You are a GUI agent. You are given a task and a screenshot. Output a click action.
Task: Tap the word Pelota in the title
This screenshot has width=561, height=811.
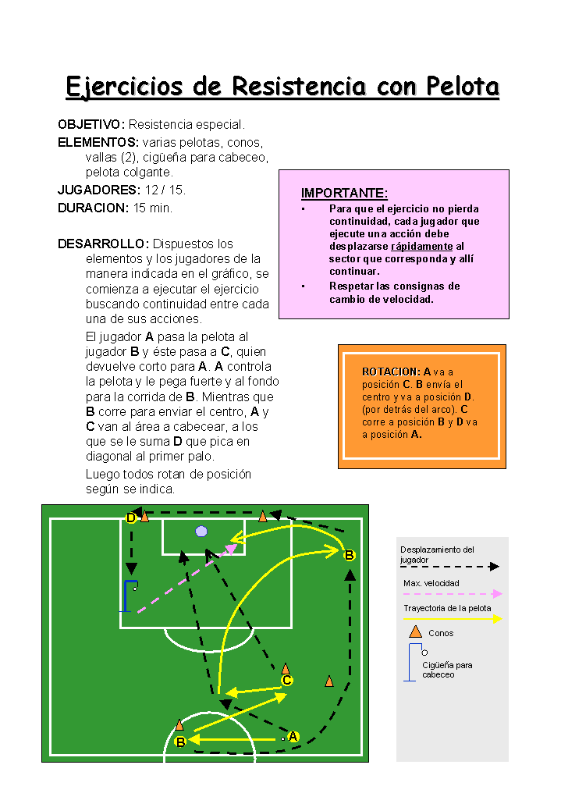(463, 87)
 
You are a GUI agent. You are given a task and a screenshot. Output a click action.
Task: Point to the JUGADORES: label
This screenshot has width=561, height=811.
(99, 190)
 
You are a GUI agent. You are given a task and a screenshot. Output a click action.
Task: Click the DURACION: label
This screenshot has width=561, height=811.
(93, 208)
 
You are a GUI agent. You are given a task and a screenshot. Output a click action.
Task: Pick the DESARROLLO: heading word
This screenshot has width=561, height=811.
(104, 244)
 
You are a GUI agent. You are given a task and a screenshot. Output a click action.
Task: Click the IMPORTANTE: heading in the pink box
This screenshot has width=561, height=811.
(344, 193)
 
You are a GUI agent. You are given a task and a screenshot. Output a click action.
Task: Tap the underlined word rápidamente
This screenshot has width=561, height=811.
(422, 246)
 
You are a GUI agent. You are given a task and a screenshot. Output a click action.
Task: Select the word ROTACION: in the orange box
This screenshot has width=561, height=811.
(392, 372)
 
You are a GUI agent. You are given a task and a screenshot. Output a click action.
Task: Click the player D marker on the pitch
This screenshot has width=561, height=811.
(131, 518)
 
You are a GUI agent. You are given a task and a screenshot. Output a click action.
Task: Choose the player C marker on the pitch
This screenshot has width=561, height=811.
(287, 680)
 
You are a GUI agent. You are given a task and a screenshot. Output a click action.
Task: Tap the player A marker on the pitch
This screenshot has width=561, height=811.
(293, 736)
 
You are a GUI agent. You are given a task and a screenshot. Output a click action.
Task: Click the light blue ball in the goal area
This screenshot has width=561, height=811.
(201, 532)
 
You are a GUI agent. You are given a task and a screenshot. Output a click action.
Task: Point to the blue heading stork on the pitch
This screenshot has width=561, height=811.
(128, 596)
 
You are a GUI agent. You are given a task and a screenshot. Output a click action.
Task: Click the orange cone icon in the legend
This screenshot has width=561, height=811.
(416, 631)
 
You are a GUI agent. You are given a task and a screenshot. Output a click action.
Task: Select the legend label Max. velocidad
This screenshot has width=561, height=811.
(431, 583)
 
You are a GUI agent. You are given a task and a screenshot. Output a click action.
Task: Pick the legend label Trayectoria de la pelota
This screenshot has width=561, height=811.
(447, 608)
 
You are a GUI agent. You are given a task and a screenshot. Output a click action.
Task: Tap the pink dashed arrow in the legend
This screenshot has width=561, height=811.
(453, 594)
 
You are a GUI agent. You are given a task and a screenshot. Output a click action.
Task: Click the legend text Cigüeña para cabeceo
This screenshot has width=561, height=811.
(447, 670)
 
